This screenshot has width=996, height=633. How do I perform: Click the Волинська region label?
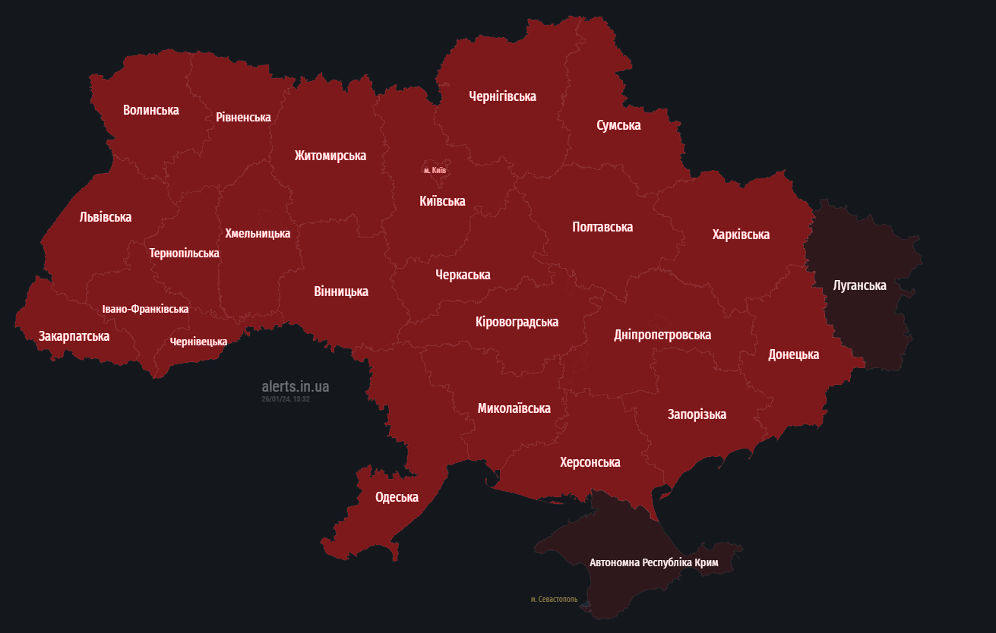[151, 110]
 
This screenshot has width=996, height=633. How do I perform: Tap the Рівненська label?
[243, 117]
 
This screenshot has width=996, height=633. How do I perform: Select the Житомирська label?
[330, 156]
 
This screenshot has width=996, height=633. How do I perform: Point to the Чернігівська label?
[502, 96]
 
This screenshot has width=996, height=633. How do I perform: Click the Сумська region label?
[618, 125]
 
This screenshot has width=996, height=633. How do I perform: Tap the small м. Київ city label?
[435, 170]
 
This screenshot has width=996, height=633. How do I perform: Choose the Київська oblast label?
[442, 201]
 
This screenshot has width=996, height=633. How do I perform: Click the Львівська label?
[106, 217]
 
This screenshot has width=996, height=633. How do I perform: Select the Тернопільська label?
[184, 253]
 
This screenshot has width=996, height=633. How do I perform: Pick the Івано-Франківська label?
[145, 309]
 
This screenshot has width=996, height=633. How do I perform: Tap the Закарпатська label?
[74, 336]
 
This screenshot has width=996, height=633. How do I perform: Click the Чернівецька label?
[198, 342]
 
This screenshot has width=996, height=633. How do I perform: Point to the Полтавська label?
[602, 227]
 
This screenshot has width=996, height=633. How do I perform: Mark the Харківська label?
[741, 235]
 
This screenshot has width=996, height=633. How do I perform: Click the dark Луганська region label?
[859, 285]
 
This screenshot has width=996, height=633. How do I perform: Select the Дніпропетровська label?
[662, 335]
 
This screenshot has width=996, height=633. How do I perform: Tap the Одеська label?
[397, 497]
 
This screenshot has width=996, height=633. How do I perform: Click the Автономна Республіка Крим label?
[653, 562]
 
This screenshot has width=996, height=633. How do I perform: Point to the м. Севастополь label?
[554, 600]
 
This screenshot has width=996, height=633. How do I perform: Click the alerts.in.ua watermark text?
[295, 387]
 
